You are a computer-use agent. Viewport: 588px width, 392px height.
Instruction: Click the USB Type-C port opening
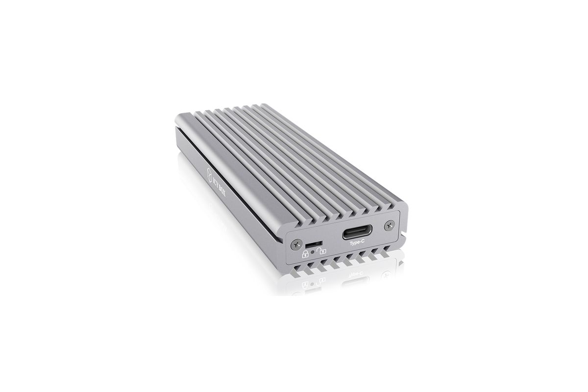357,232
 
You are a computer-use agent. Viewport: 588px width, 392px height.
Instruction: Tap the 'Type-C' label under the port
357,243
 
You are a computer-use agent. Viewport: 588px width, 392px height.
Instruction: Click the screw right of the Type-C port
389,226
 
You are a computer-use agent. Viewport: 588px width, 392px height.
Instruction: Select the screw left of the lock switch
296,245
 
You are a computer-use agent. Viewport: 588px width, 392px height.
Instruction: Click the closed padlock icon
305,254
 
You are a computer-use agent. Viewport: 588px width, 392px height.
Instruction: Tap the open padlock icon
321,251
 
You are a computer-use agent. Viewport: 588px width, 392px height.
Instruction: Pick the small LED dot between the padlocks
313,252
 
